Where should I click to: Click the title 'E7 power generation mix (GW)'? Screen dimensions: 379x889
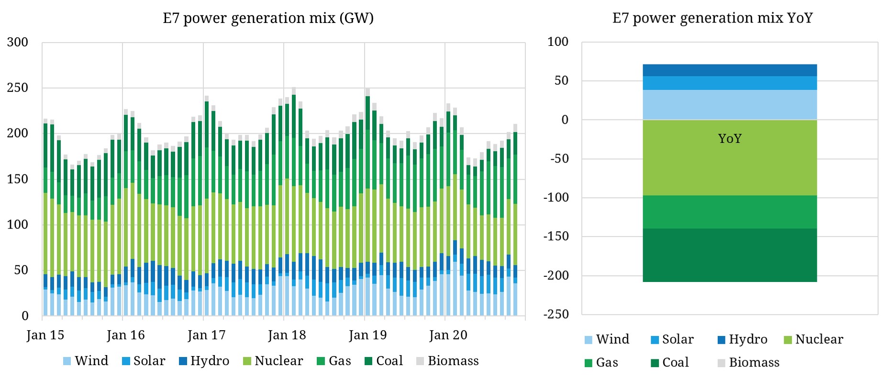click(x=268, y=18)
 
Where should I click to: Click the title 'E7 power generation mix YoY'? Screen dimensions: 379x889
click(x=712, y=18)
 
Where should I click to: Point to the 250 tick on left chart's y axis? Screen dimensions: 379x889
click(x=17, y=87)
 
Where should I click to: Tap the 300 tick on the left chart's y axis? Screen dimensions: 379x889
click(x=17, y=42)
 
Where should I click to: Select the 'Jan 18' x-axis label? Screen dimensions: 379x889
click(x=287, y=335)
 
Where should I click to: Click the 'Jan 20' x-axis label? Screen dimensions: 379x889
click(x=448, y=335)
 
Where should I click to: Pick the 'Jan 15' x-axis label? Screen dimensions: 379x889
click(x=45, y=335)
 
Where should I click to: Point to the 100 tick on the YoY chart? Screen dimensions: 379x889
click(x=558, y=42)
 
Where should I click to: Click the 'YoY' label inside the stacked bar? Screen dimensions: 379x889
click(x=729, y=139)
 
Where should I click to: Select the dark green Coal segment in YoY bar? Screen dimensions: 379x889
click(x=729, y=255)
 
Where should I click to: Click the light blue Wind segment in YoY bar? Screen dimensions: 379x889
click(x=729, y=105)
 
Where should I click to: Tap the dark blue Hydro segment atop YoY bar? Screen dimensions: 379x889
click(x=729, y=70)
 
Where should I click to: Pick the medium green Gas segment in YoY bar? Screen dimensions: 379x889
click(x=729, y=212)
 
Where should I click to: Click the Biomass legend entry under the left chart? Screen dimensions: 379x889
click(x=447, y=361)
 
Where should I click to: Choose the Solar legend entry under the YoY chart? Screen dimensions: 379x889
click(x=672, y=339)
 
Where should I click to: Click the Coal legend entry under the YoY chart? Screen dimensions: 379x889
click(x=669, y=363)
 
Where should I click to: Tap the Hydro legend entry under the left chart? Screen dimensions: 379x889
click(x=204, y=361)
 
